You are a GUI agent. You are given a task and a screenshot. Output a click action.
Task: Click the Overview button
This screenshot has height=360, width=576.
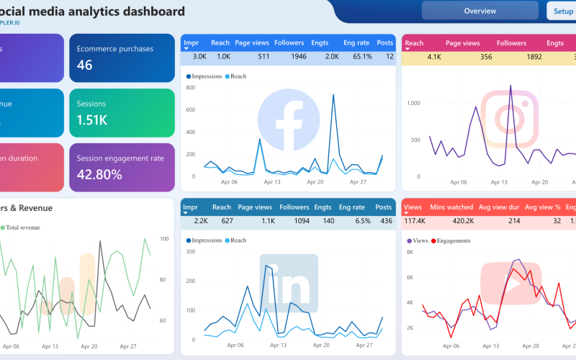pyautogui.click(x=480, y=11)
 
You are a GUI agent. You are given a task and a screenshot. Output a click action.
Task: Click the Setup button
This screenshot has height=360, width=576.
pyautogui.click(x=563, y=11)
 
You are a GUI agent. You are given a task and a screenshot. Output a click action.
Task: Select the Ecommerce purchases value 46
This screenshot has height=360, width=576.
pyautogui.click(x=85, y=66)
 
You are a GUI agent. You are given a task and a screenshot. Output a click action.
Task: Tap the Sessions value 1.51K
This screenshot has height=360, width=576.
pyautogui.click(x=92, y=120)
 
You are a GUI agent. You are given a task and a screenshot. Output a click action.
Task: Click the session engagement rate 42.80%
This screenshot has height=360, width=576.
pyautogui.click(x=99, y=174)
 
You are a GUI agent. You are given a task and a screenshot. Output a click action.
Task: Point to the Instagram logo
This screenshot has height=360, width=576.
pyautogui.click(x=510, y=119)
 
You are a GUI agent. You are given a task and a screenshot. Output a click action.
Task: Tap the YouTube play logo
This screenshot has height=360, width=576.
pyautogui.click(x=510, y=282)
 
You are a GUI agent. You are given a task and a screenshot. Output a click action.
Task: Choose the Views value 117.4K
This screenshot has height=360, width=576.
pyautogui.click(x=415, y=220)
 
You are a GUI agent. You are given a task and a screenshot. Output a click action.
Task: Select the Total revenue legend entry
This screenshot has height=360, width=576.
pyautogui.click(x=22, y=228)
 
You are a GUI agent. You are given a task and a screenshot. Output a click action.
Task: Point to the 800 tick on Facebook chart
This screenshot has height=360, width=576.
pyautogui.click(x=191, y=88)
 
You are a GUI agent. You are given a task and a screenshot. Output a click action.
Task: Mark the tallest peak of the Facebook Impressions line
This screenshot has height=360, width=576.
pyautogui.click(x=333, y=94)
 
